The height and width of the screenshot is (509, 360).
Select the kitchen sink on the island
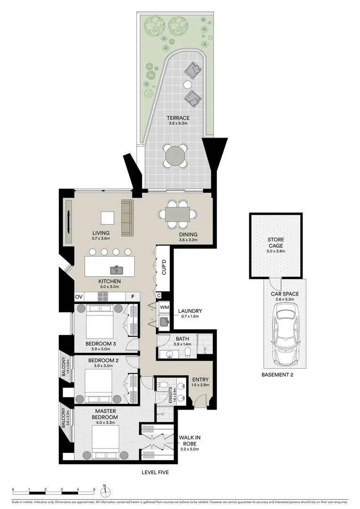pyautogui.click(x=116, y=270)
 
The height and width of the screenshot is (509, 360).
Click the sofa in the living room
pyautogui.click(x=127, y=218)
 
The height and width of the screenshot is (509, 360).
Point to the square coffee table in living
pyautogui.click(x=107, y=218)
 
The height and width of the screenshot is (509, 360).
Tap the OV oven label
pyautogui.click(x=78, y=297)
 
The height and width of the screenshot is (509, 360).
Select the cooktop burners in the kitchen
pyautogui.click(x=103, y=296)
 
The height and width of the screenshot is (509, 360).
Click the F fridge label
pyautogui.click(x=133, y=297)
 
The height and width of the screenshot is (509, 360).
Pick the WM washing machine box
pyautogui.click(x=164, y=307)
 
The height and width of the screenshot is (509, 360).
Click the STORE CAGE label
pyautogui.click(x=276, y=243)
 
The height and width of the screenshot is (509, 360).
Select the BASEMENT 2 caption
pyautogui.click(x=278, y=375)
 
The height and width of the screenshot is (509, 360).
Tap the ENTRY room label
pyautogui.click(x=200, y=380)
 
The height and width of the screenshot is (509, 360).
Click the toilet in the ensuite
pyautogui.click(x=162, y=386)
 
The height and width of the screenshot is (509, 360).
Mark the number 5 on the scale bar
pyautogui.click(x=94, y=489)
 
